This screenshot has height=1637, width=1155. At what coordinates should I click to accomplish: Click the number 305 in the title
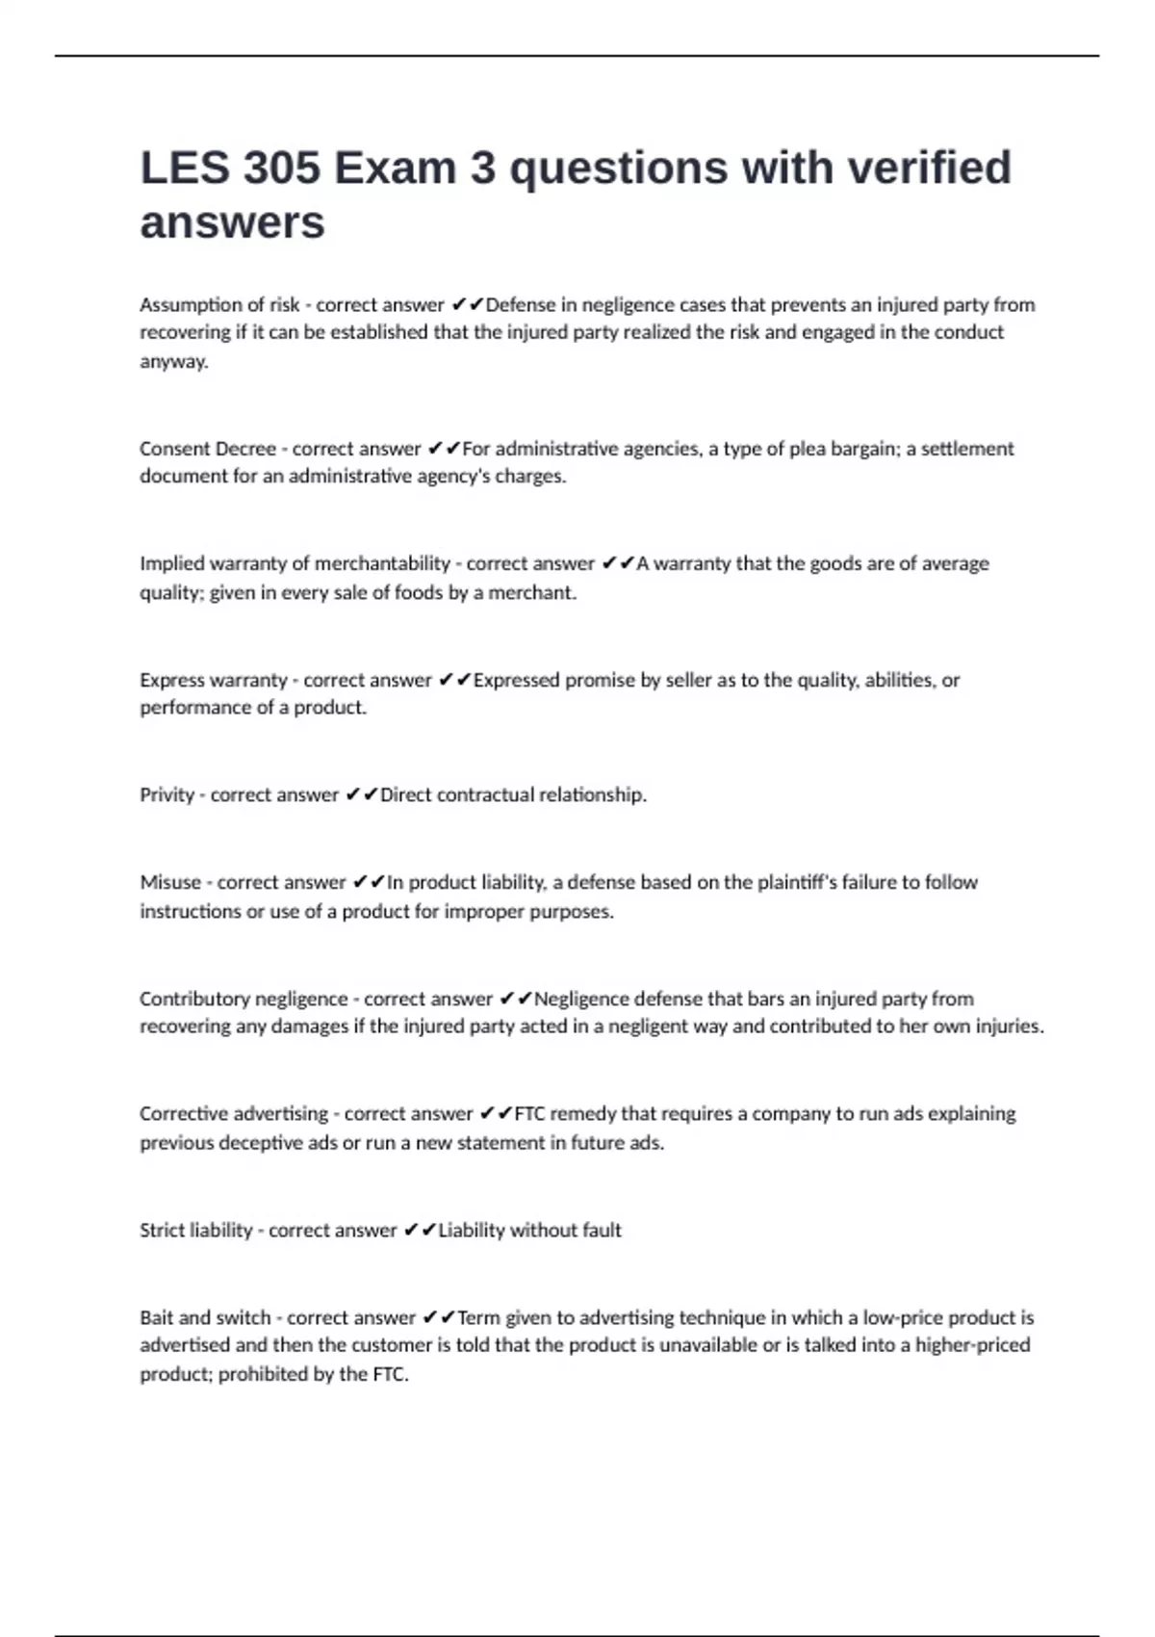tap(281, 169)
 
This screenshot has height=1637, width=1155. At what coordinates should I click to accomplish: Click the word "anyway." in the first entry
tap(174, 362)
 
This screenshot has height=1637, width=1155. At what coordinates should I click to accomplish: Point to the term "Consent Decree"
tap(208, 449)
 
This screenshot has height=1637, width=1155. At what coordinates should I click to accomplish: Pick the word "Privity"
tap(167, 795)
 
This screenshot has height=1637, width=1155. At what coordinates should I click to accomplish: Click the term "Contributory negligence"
tap(244, 999)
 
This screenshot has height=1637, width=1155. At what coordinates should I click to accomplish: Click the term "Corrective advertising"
tap(234, 1114)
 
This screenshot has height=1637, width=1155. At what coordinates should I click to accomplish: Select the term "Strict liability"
tap(196, 1231)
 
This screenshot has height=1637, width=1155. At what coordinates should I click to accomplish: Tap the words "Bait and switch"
tap(205, 1317)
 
